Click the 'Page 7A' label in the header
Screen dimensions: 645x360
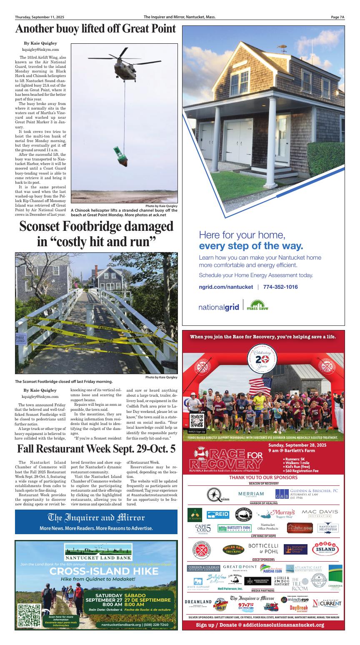(338, 17)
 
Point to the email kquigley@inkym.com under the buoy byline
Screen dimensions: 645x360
(41, 50)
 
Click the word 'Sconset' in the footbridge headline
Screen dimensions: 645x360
(49, 227)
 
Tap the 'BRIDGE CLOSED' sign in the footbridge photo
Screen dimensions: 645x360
(20, 338)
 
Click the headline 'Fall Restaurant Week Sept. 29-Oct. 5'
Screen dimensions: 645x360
(96, 450)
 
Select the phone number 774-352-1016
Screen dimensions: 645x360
(280, 287)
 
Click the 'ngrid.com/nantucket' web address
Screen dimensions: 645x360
(226, 287)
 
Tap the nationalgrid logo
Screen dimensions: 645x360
(219, 307)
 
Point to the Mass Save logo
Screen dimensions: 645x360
(257, 306)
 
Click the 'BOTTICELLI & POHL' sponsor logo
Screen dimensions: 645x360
(263, 548)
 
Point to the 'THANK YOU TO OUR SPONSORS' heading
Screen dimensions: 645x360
(263, 477)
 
